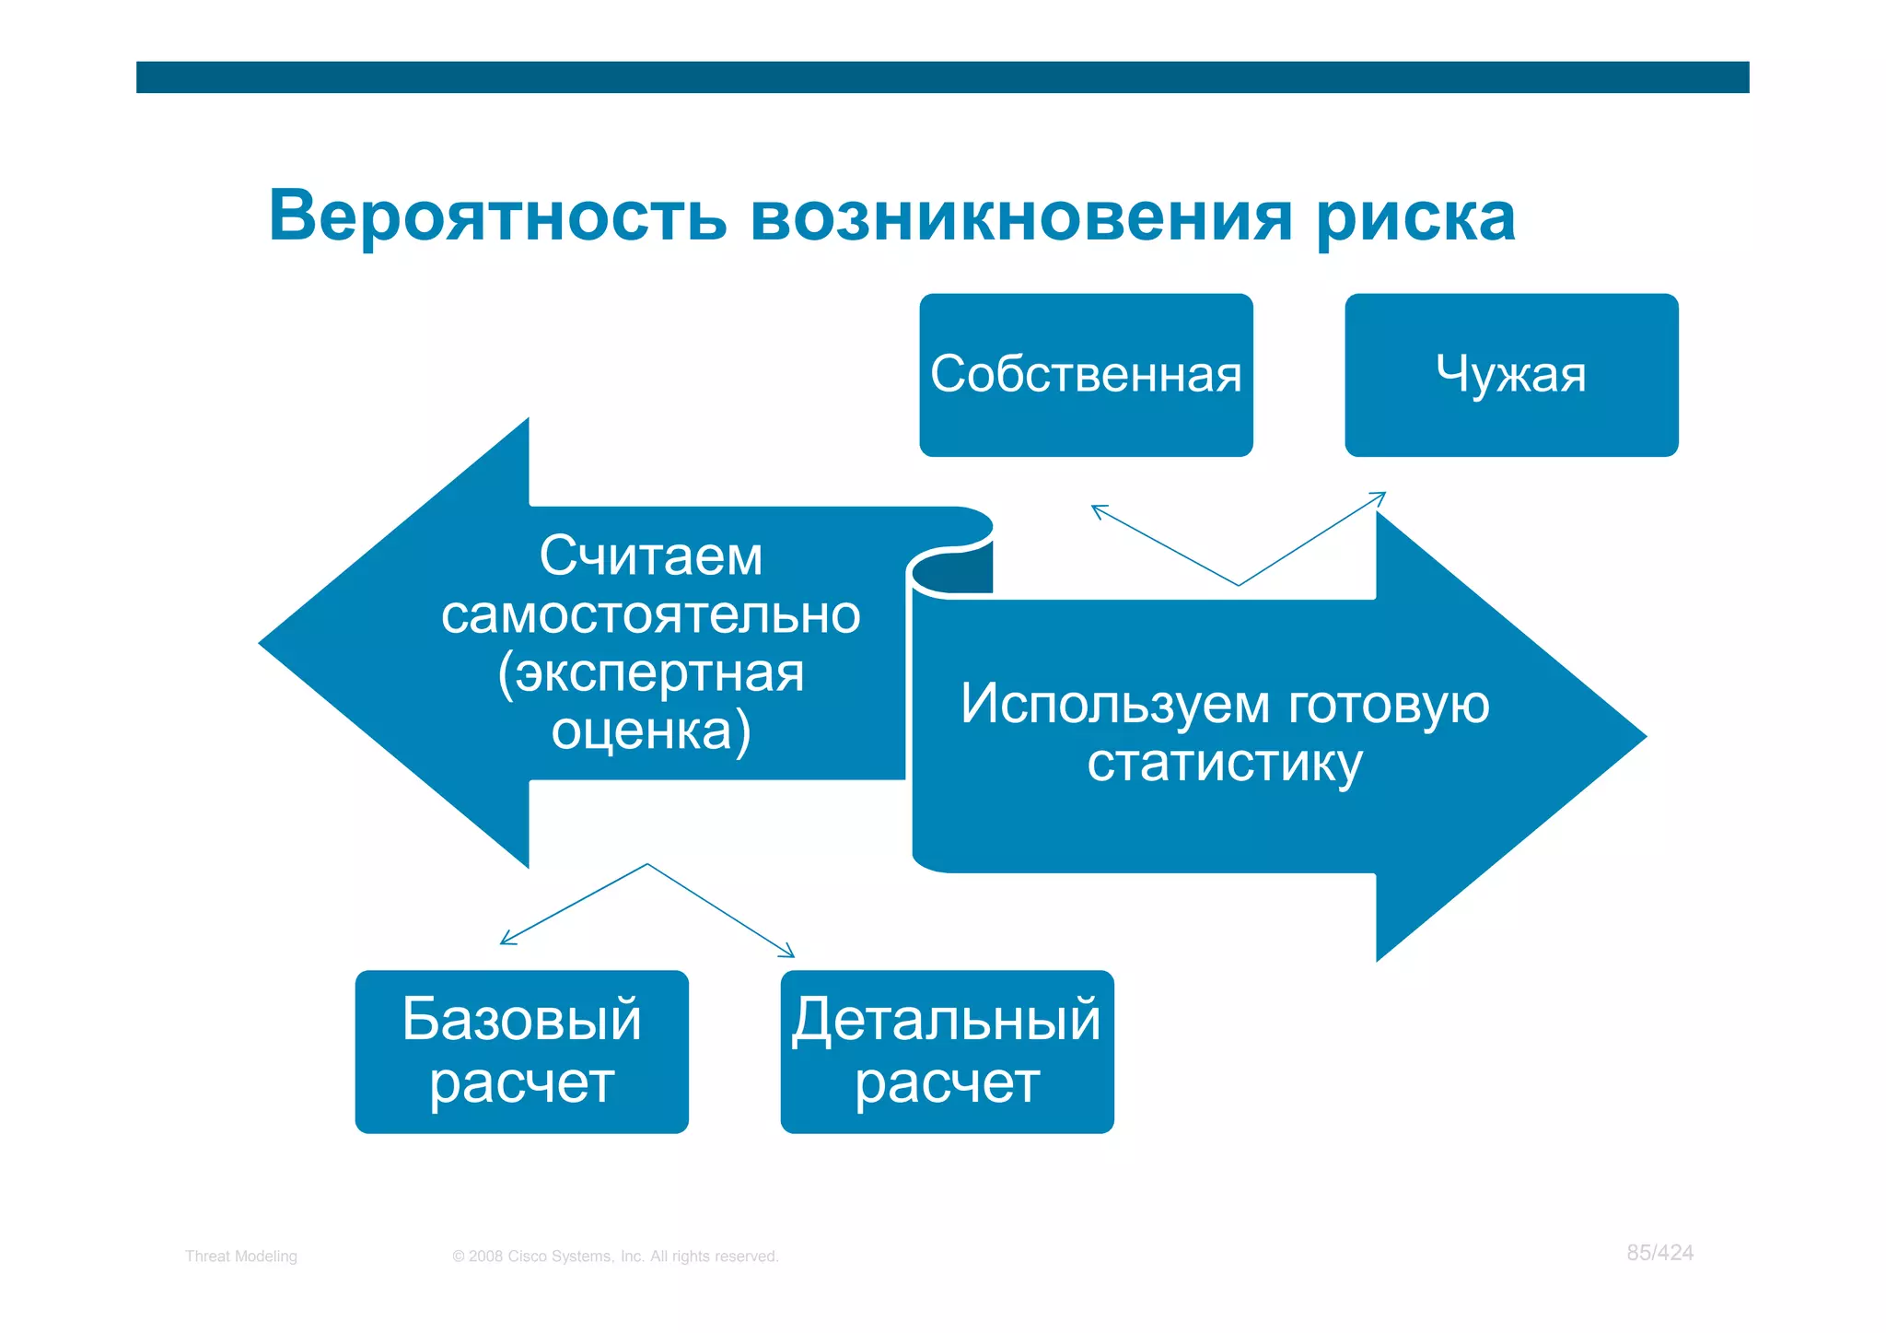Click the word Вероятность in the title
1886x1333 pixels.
click(x=497, y=217)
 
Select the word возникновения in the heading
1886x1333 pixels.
click(x=1022, y=217)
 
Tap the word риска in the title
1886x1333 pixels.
click(x=1416, y=219)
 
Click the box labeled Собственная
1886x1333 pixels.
click(x=1086, y=375)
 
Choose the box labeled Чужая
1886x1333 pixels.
click(x=1511, y=375)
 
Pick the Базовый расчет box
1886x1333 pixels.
click(x=521, y=1051)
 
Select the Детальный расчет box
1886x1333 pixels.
click(x=947, y=1051)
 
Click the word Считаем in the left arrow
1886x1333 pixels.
click(x=651, y=556)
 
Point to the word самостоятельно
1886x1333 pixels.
click(x=651, y=614)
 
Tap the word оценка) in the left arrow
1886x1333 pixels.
click(x=651, y=731)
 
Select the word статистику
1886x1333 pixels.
click(x=1225, y=763)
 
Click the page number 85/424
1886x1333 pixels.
click(x=1659, y=1253)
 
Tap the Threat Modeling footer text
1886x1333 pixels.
click(x=241, y=1257)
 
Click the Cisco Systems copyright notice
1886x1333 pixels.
click(x=615, y=1257)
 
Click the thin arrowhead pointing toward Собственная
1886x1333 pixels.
click(x=1097, y=509)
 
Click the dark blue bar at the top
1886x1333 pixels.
click(x=942, y=77)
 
